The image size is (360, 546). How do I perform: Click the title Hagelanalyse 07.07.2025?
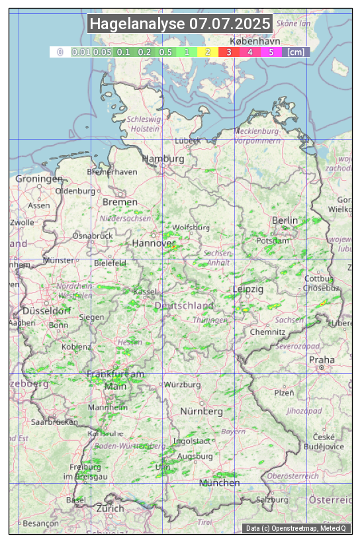[x=180, y=24]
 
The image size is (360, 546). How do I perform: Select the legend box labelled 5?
[x=271, y=52]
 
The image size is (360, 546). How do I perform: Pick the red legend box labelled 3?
[x=229, y=52]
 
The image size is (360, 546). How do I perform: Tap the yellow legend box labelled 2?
[x=208, y=52]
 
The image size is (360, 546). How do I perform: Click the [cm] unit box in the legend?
[x=296, y=52]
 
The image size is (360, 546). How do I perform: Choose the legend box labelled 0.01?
[x=81, y=52]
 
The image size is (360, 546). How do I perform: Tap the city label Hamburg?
[x=163, y=159]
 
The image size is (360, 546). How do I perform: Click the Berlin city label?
[x=285, y=220]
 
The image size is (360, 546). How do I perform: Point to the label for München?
[x=220, y=483]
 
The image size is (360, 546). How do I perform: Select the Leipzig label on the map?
[x=248, y=290]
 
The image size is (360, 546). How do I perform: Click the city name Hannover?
[x=153, y=243]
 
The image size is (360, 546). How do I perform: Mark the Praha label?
[x=322, y=360]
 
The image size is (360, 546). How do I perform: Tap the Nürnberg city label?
[x=201, y=412]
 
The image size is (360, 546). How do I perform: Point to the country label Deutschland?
[x=184, y=306]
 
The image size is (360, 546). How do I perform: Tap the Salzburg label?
[x=273, y=500]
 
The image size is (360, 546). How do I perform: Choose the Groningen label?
[x=39, y=179]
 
